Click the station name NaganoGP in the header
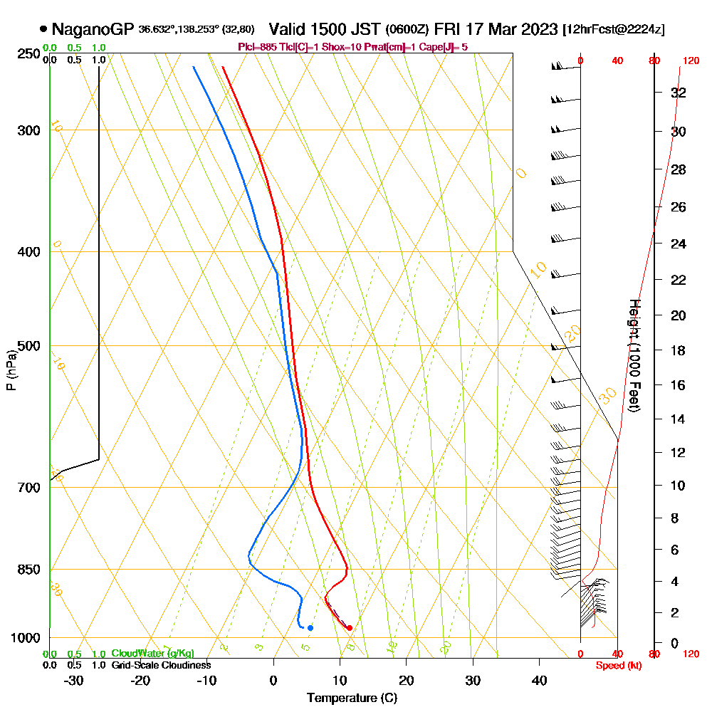[93, 29]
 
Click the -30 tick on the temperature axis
[74, 680]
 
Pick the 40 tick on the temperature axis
[539, 680]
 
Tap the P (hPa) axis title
[11, 370]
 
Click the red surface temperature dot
[349, 628]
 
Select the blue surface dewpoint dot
[310, 628]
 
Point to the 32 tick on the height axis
[679, 93]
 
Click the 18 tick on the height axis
[679, 350]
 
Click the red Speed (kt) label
[617, 665]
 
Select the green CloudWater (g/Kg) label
[152, 654]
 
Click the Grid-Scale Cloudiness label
[161, 665]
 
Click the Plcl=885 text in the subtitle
[259, 47]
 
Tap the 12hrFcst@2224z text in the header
[614, 30]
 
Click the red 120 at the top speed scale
[691, 61]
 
